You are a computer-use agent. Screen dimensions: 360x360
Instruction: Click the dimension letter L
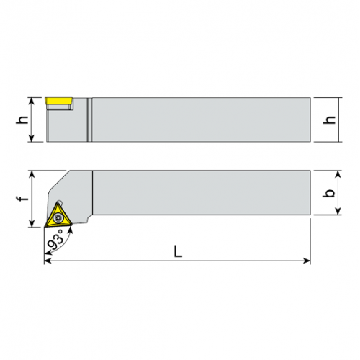[178, 251]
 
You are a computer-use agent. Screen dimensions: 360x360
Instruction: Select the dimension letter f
[22, 198]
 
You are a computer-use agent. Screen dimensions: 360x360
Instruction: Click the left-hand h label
[22, 120]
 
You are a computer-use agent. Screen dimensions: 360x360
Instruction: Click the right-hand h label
[329, 120]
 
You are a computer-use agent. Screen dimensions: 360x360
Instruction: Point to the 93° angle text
[55, 240]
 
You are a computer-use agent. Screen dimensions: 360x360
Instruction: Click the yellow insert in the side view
[59, 101]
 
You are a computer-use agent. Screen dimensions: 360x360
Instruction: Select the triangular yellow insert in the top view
[58, 216]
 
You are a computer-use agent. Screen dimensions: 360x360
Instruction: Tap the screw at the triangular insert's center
[58, 217]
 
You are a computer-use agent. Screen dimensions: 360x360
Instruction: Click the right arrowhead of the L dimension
[307, 261]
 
